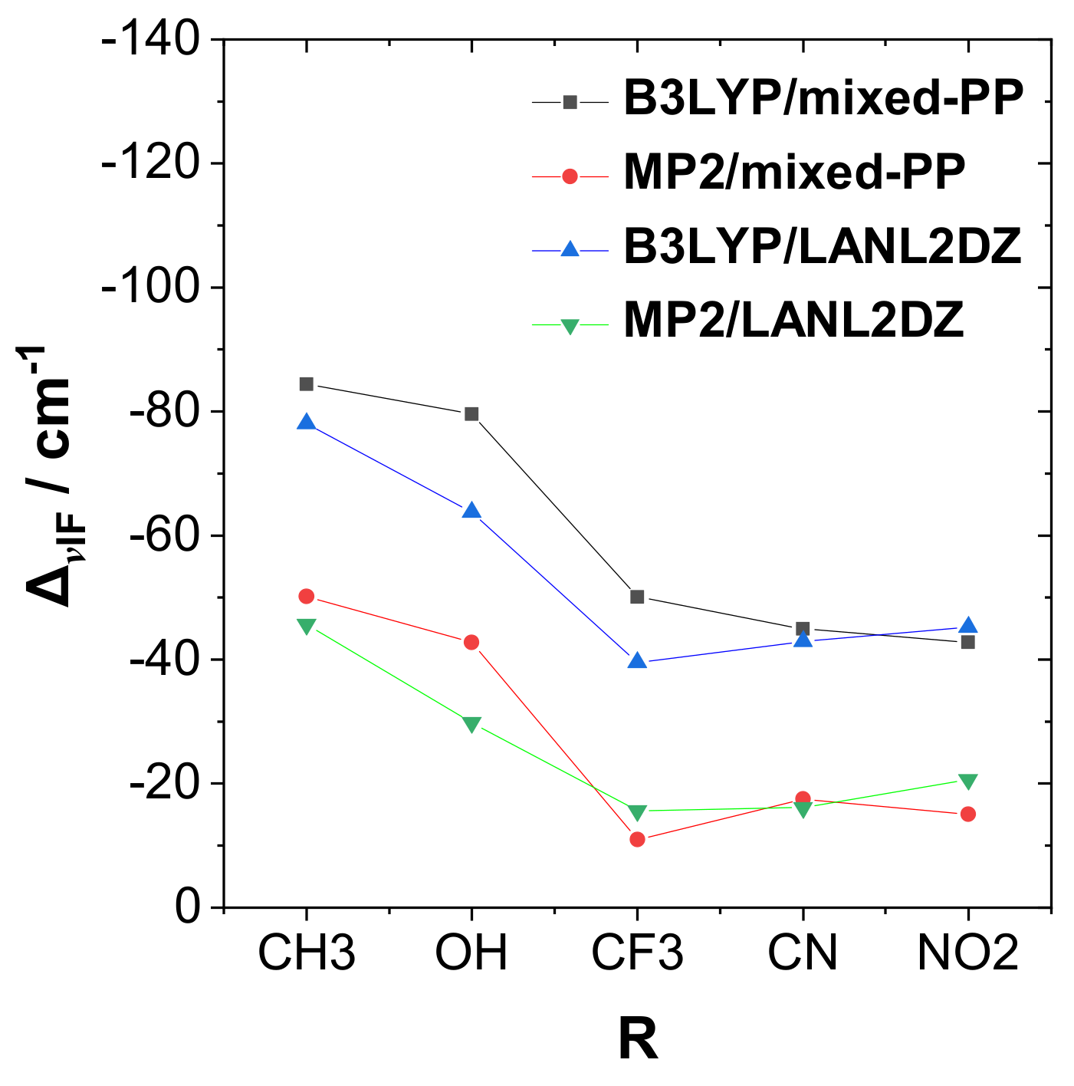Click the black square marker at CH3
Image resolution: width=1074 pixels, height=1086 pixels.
coord(306,383)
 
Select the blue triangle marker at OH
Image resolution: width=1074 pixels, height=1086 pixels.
coord(471,511)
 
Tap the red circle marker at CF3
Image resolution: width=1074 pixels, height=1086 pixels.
coord(637,839)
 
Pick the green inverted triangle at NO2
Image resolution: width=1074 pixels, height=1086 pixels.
coord(968,781)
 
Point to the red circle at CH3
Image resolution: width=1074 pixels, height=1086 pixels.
coord(306,596)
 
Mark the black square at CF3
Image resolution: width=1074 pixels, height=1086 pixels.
coord(637,597)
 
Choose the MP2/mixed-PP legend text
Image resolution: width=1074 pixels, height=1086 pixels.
coord(794,173)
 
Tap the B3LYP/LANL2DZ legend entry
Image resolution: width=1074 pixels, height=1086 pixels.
coord(823,247)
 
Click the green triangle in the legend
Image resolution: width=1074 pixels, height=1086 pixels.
coord(570,326)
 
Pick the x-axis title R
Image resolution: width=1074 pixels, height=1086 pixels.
coord(638,1040)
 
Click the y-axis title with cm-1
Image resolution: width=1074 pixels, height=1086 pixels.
coord(49,476)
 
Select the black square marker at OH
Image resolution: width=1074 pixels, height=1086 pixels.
coord(471,414)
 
